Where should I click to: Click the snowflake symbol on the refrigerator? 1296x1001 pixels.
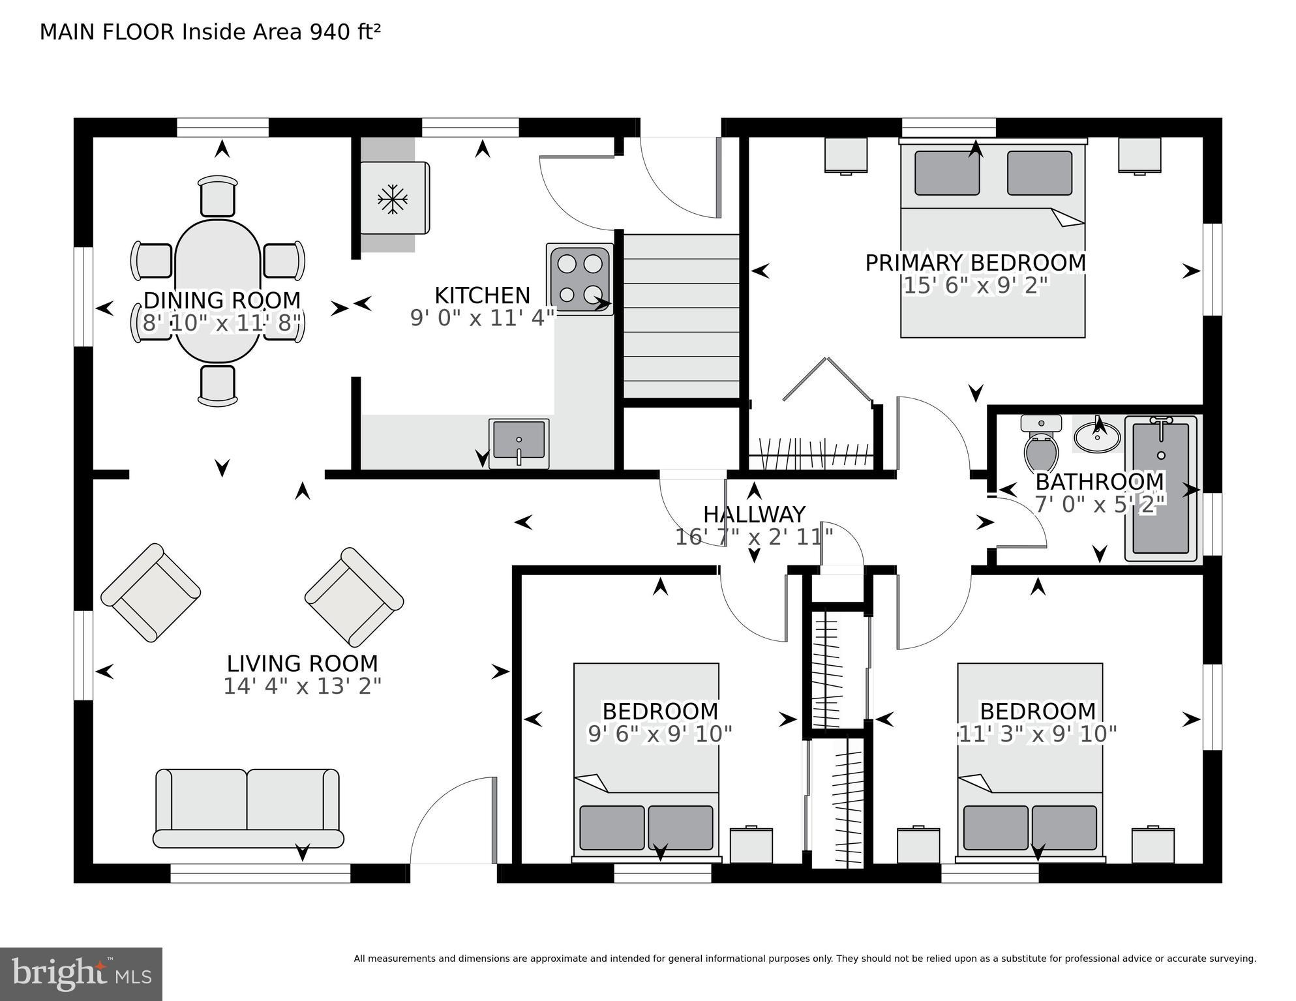point(393,198)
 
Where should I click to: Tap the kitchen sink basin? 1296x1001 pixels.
point(519,440)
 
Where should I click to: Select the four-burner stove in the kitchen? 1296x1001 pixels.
point(580,279)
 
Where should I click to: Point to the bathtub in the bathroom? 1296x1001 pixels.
point(1161,488)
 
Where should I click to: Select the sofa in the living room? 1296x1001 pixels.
point(247,809)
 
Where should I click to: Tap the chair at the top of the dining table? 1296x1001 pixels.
point(218,196)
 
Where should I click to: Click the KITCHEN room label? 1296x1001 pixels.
point(482,295)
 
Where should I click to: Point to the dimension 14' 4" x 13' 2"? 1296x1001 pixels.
point(302,686)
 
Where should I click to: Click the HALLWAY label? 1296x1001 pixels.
point(754,515)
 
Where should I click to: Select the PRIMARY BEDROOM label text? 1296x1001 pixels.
point(975,263)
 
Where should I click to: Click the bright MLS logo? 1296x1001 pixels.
point(81,974)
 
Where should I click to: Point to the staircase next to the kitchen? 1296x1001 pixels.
point(681,316)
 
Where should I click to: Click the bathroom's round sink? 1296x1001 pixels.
point(1097,436)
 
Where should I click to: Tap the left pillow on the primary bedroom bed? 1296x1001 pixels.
point(946,173)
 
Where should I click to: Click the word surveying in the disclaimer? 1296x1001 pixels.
point(1233,959)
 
